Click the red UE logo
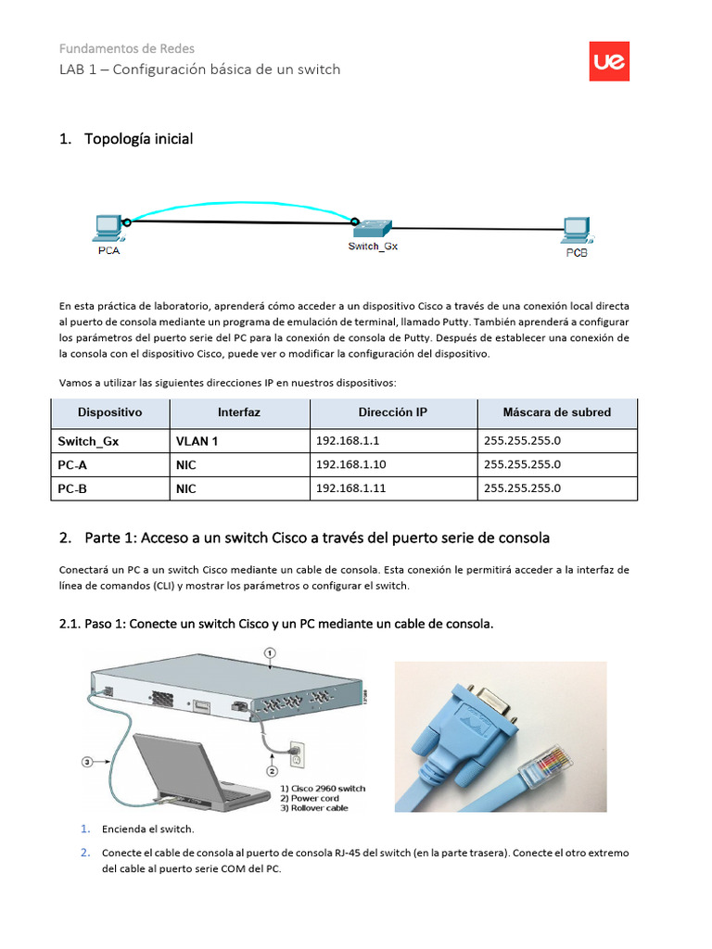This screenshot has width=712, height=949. [x=609, y=61]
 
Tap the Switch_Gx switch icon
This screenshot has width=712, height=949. [x=375, y=227]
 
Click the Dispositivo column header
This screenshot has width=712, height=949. [x=109, y=412]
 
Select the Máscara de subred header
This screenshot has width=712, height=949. [x=556, y=412]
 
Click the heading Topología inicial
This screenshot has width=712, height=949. [x=138, y=139]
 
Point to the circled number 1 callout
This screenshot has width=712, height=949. [x=270, y=652]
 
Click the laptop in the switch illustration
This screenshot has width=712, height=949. [x=185, y=769]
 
